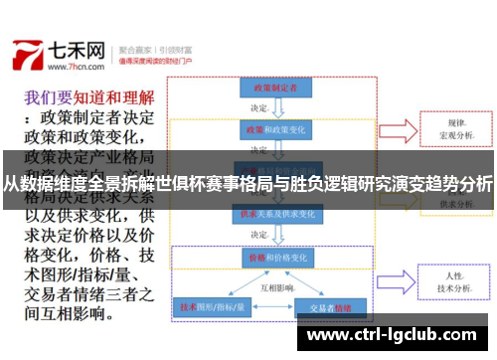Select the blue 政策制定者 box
coord(269,89)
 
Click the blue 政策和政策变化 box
coord(269,130)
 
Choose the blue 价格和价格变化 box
coord(269,256)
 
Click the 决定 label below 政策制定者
coord(259,108)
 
